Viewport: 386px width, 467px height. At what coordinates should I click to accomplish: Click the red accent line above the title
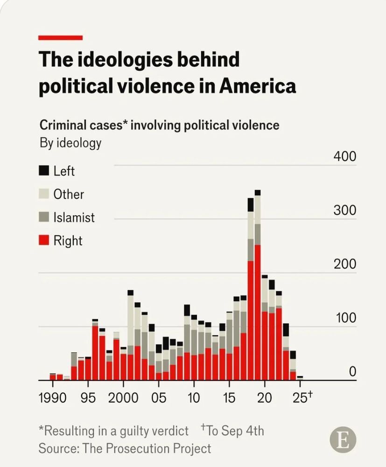tap(60, 38)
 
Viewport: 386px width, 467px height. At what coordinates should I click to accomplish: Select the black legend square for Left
tap(44, 170)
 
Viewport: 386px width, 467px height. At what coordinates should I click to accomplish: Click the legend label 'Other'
tap(69, 194)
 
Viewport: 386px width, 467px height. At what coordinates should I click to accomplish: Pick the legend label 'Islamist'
tap(74, 218)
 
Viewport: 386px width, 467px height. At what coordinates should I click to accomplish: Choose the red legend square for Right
tap(44, 241)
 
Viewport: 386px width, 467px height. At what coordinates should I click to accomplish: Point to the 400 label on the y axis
tap(344, 157)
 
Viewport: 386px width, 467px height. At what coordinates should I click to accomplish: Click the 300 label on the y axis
tap(344, 211)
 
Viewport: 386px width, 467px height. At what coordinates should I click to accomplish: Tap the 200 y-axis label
tap(344, 264)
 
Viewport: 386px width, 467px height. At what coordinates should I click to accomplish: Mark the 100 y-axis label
tap(344, 318)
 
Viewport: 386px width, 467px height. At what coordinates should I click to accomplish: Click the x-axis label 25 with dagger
tap(302, 397)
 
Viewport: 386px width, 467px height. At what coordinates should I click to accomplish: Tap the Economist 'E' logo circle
tap(343, 439)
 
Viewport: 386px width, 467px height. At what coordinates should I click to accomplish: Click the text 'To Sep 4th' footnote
tap(235, 430)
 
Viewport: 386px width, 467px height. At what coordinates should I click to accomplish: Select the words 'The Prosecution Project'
tap(147, 449)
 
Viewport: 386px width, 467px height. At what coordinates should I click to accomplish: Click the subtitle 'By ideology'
tap(70, 142)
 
